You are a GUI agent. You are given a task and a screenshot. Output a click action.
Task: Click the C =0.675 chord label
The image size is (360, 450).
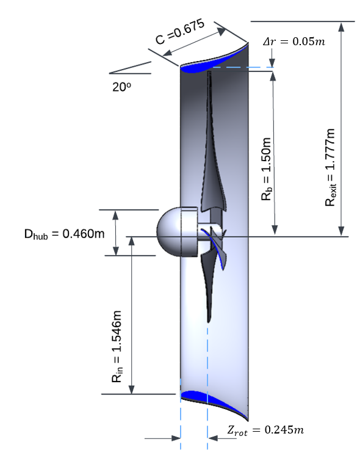click(180, 32)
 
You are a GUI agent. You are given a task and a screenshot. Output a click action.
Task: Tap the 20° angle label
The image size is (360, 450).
click(121, 87)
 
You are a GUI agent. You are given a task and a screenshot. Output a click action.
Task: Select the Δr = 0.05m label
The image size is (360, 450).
click(294, 42)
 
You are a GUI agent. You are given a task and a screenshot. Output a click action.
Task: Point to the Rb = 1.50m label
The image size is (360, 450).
click(267, 169)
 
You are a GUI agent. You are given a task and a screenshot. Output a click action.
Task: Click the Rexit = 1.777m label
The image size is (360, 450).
click(331, 167)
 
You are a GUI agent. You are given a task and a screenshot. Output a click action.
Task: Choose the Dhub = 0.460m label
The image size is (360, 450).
click(65, 234)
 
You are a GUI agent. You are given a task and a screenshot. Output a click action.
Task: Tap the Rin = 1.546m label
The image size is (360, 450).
click(117, 346)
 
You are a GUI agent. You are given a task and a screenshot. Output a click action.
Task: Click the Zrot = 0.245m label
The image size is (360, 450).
click(265, 430)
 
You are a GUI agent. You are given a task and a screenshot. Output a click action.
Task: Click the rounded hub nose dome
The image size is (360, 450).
click(169, 232)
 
